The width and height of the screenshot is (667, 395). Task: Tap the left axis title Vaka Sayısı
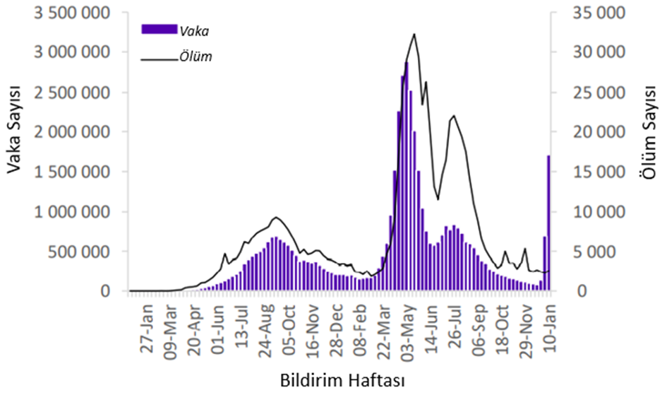(x=13, y=129)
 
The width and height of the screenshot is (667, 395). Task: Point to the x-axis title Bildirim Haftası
(x=339, y=380)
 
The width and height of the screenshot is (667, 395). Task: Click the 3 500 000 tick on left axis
(x=71, y=13)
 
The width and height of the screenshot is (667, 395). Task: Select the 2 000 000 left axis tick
(x=71, y=132)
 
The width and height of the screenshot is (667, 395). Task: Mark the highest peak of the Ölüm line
(x=414, y=34)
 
